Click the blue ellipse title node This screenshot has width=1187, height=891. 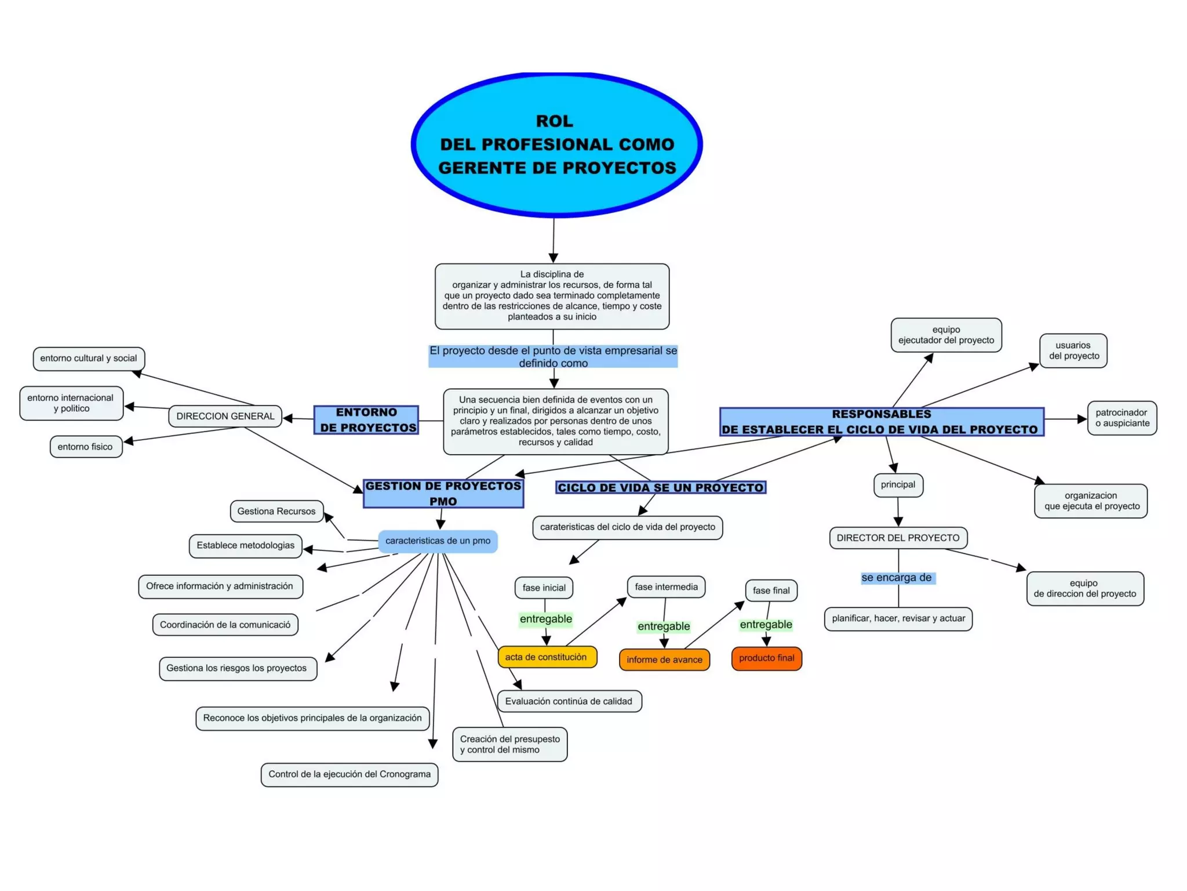pos(556,145)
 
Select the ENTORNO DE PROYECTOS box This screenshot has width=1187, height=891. pos(366,420)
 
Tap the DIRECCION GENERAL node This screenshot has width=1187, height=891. pos(225,416)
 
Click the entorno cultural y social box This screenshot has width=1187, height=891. pos(89,358)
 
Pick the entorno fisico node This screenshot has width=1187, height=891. pos(86,447)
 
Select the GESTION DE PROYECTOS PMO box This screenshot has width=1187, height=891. pos(443,494)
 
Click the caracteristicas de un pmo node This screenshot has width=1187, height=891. pos(438,541)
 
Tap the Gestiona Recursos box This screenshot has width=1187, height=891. pos(276,511)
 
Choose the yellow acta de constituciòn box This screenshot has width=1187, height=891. pos(547,657)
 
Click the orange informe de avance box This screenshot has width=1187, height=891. pos(664,660)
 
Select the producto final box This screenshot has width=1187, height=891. pos(766,658)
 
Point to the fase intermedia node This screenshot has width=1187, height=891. pos(666,587)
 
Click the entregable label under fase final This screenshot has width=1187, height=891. pos(766,624)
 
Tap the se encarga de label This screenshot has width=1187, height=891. pos(897,578)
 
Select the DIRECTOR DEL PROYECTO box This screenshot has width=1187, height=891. pos(898,538)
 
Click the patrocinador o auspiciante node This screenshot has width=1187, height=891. pos(1122,418)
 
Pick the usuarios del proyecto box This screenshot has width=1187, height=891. pos(1073,350)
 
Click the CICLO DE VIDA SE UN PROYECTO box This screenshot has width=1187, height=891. pos(661,487)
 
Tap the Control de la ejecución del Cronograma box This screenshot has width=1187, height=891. pos(349,774)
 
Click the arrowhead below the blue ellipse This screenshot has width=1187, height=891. pos(553,258)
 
